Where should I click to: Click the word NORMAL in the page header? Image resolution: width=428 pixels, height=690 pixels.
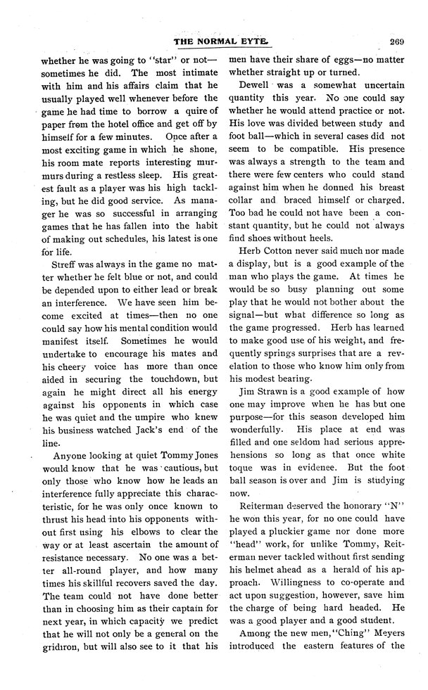(219, 41)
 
